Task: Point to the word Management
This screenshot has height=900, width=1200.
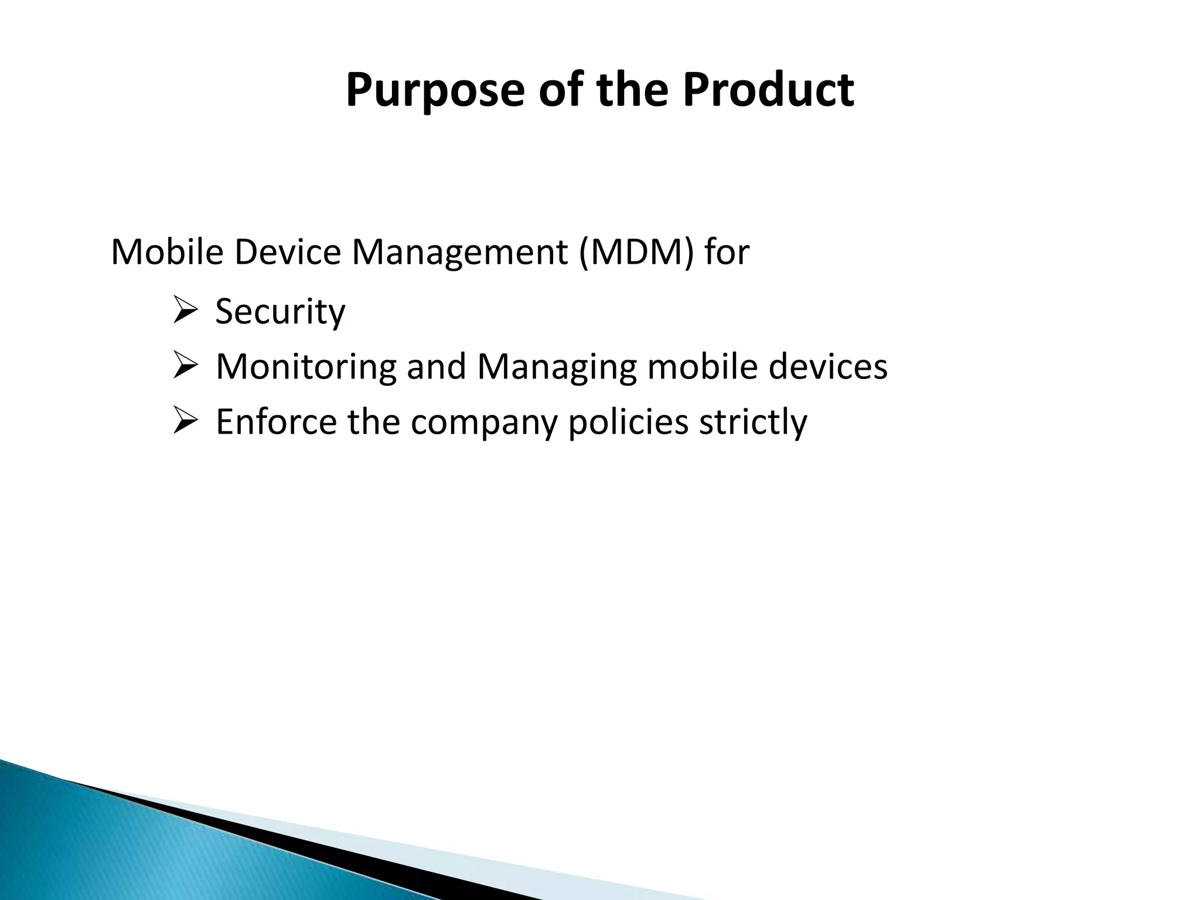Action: (459, 253)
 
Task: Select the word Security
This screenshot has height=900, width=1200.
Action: (280, 312)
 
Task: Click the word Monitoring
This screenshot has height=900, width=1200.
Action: (305, 367)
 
